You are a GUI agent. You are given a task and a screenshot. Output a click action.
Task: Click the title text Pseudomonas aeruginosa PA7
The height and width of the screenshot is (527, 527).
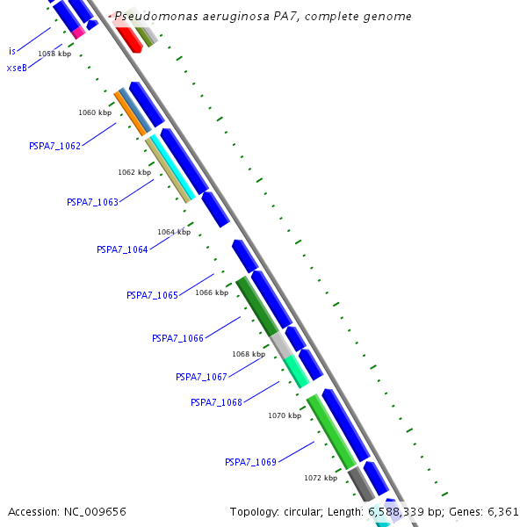[x=263, y=17]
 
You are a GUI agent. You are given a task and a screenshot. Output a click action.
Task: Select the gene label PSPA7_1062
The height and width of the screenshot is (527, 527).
[x=54, y=146]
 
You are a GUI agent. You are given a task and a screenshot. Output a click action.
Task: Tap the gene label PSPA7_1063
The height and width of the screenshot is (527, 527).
[x=92, y=202]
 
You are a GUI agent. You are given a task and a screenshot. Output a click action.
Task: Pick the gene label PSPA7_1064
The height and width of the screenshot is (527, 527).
[x=122, y=249]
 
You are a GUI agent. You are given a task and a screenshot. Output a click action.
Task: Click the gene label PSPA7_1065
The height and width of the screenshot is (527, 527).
[x=152, y=295]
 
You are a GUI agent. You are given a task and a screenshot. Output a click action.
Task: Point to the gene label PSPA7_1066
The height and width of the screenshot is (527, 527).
[x=177, y=338]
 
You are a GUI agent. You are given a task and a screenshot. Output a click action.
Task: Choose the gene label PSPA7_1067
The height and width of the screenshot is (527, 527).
[x=201, y=377]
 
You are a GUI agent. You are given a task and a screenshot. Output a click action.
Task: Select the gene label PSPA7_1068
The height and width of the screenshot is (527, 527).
[x=216, y=402]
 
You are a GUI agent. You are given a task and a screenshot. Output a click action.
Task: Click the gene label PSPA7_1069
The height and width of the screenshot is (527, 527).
[x=250, y=462]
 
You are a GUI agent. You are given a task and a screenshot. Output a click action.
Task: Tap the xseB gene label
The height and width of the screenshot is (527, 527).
[x=17, y=68]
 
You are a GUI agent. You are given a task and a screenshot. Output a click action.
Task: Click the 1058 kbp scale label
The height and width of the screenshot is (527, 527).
[x=54, y=54]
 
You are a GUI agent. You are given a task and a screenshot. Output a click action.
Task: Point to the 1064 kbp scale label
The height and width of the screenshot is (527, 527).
[x=174, y=232]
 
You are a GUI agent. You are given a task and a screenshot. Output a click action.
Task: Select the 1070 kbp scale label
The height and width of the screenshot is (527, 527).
[x=285, y=415]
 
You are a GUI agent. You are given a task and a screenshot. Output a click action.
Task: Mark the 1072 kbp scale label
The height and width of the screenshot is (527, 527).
[x=321, y=478]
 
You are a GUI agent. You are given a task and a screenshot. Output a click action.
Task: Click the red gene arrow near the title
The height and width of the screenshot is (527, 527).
[x=128, y=37]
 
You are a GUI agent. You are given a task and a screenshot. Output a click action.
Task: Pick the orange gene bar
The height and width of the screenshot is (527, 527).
[x=129, y=113]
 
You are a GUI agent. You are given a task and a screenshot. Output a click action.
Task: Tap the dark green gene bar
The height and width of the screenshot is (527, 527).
[x=256, y=306]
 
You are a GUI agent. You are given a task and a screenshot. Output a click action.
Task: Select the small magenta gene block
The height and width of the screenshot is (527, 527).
[x=78, y=32]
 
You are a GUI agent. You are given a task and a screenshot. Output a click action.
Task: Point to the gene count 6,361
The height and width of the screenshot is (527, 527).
[x=502, y=511]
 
